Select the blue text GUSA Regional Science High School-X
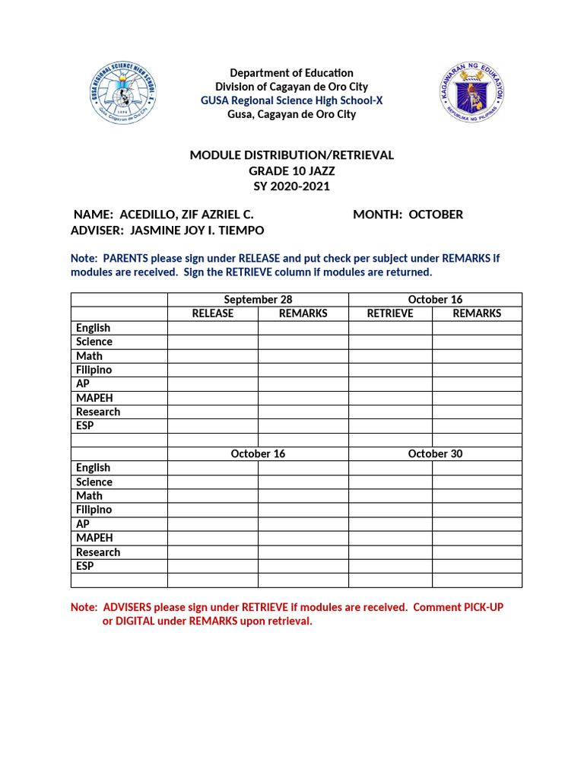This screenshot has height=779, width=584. click(292, 100)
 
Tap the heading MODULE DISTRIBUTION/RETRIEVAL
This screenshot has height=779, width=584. click(292, 155)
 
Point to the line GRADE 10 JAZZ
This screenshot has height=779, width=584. click(292, 171)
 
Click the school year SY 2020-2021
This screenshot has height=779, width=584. click(292, 186)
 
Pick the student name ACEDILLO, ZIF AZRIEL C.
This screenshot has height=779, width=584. click(187, 215)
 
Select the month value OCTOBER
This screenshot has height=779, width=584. click(436, 215)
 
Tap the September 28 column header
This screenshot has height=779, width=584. click(258, 300)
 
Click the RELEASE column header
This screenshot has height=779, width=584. click(213, 313)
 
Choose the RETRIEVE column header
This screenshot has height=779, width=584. click(390, 313)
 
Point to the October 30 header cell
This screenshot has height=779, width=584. click(435, 453)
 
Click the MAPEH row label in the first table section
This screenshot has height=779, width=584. click(89, 398)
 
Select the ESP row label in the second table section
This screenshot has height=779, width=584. click(85, 566)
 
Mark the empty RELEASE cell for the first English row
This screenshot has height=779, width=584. click(213, 328)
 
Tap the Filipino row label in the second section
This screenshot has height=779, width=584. click(94, 510)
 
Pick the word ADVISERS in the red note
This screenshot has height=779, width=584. click(129, 607)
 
